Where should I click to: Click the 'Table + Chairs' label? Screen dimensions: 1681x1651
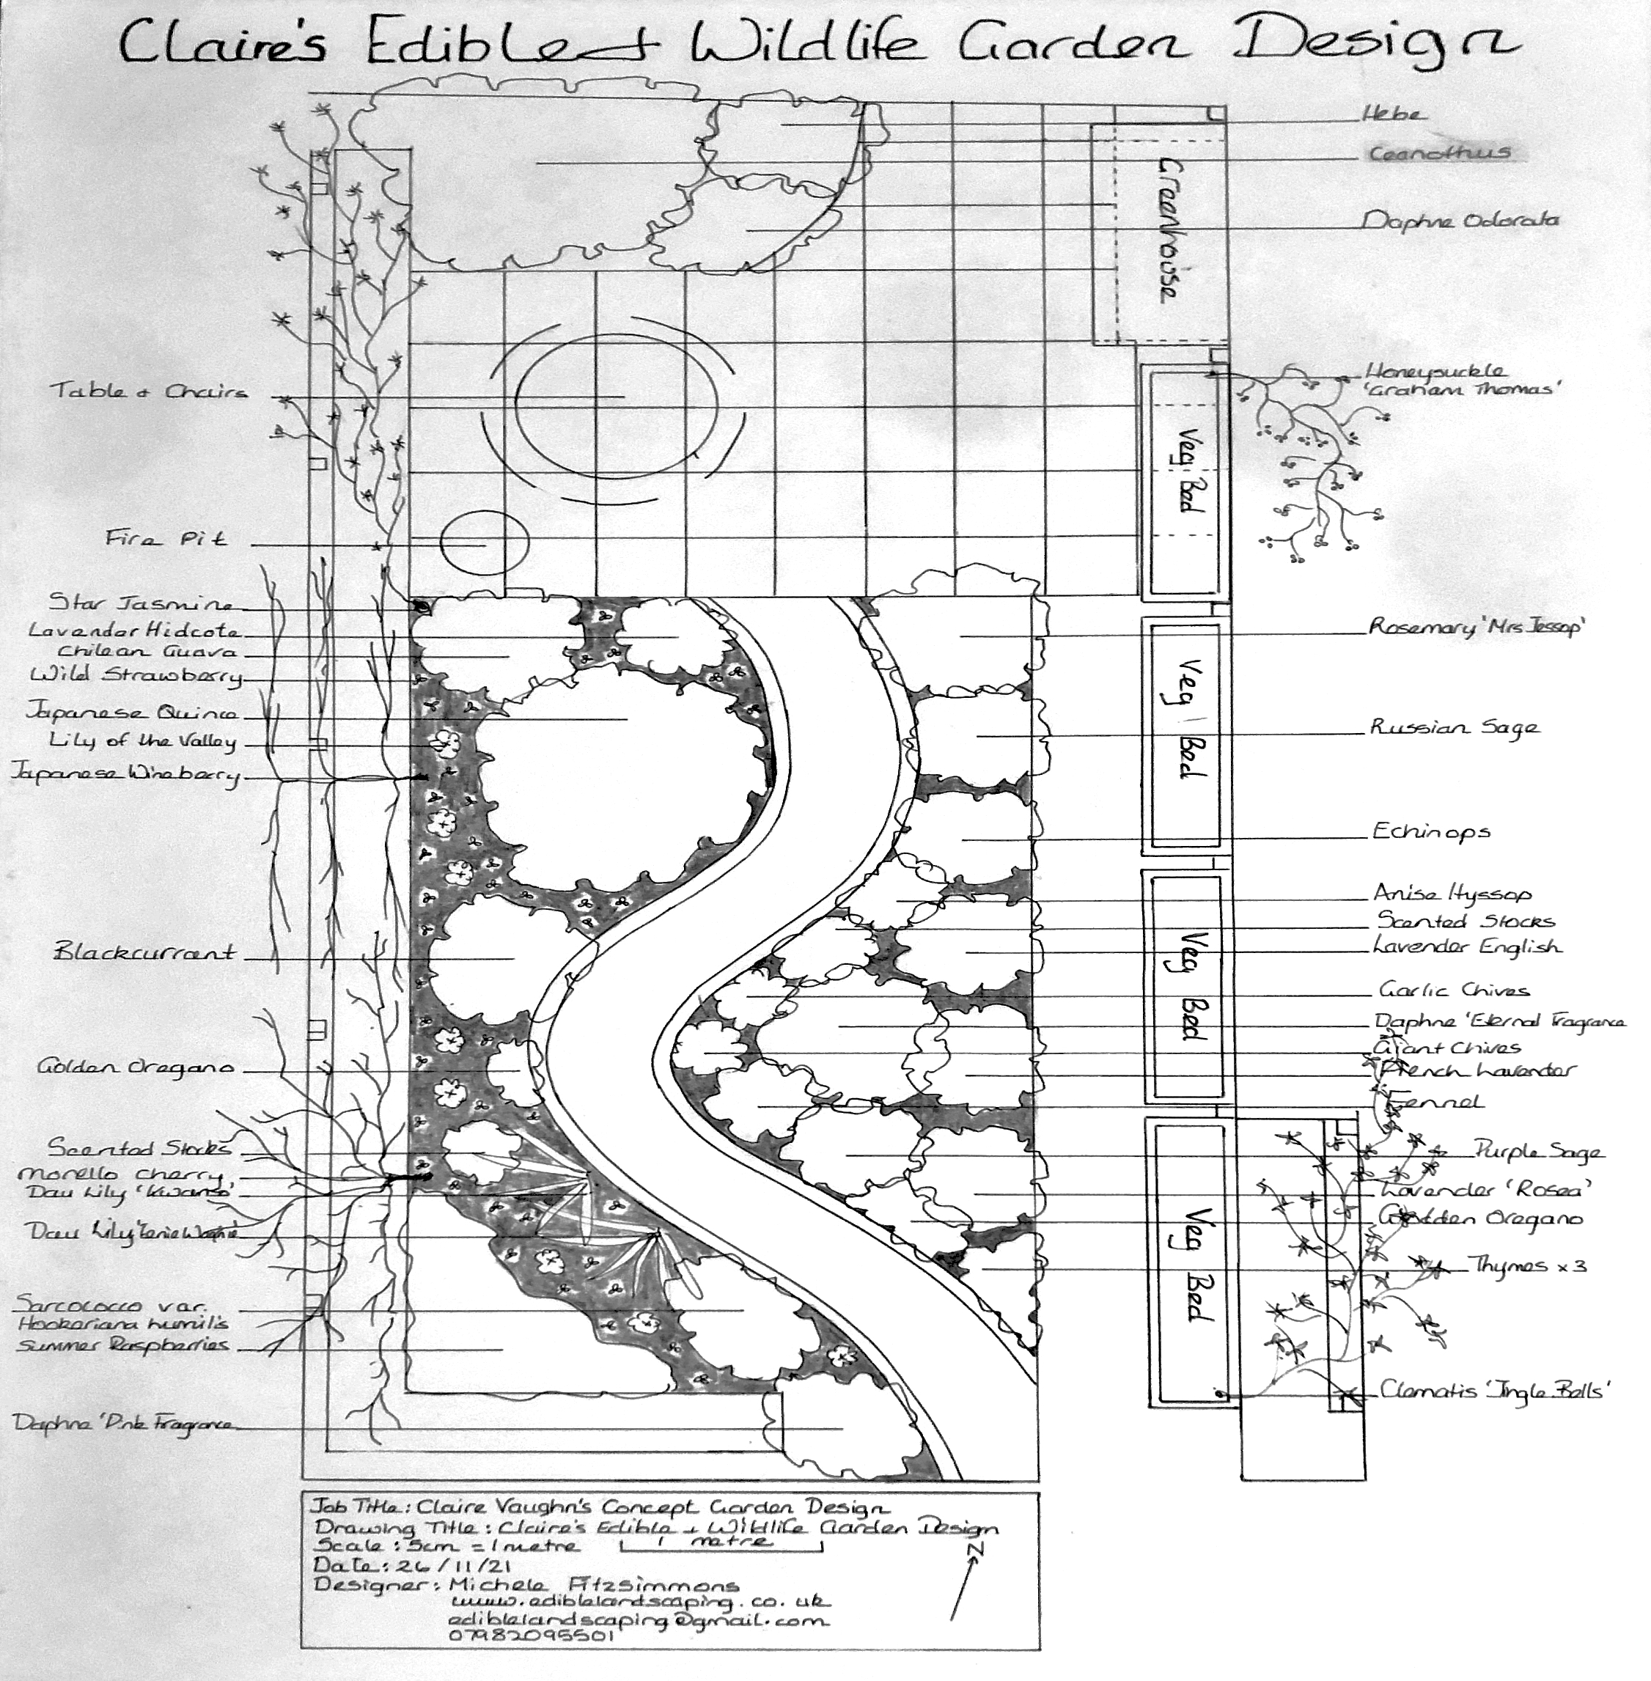coord(149,391)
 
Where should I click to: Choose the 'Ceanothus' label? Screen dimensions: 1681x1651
coord(1439,154)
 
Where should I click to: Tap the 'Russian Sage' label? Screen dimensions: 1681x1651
coord(1455,727)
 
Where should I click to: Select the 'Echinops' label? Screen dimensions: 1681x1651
coord(1431,832)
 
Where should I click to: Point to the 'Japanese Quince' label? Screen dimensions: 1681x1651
coord(132,713)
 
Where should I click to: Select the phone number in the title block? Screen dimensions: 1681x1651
coord(532,1635)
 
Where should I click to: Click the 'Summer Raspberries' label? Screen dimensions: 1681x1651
coord(123,1345)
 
